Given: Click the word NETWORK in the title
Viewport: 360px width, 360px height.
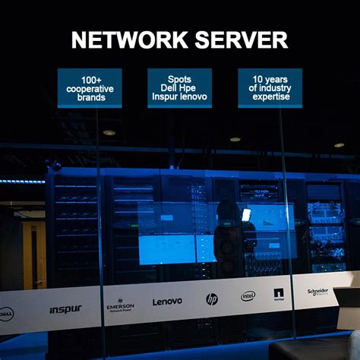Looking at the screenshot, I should (x=125, y=40).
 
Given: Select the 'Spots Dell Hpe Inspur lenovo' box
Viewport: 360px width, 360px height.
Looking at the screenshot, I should (x=180, y=88).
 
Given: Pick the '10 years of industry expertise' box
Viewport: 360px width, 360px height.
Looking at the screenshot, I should (x=270, y=88).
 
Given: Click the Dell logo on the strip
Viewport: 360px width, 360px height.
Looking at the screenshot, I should (x=6, y=312).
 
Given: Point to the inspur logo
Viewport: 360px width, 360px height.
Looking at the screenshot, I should (x=65, y=309).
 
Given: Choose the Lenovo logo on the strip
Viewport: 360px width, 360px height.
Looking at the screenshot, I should (x=167, y=302).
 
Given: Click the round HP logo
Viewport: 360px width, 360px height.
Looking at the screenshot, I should (x=211, y=299).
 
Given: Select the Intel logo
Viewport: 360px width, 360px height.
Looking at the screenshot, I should (x=248, y=295).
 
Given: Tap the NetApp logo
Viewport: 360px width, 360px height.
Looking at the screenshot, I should (x=279, y=294).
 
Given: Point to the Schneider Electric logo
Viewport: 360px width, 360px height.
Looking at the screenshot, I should (x=317, y=292).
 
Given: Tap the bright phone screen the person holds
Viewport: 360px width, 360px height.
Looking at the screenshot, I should (x=245, y=215).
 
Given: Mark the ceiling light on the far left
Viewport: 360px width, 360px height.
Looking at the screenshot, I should (x=109, y=133).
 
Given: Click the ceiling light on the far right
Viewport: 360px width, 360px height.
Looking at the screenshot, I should (x=339, y=144).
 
